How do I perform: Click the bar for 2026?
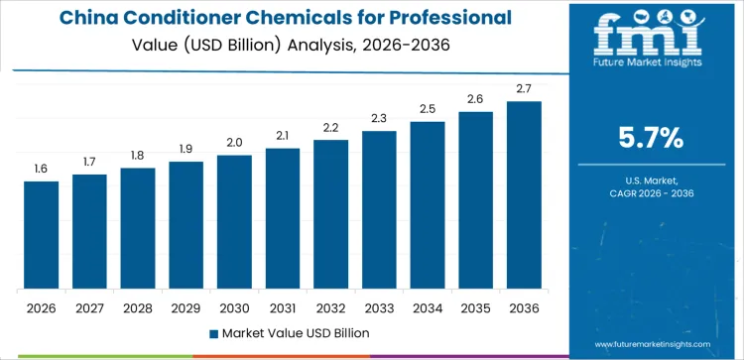[41, 235]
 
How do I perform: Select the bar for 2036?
[524, 195]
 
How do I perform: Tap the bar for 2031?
[283, 218]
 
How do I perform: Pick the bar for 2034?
[428, 205]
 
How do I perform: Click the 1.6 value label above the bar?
[41, 170]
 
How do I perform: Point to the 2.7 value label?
[524, 89]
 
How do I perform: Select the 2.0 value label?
[234, 143]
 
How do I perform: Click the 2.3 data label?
[379, 119]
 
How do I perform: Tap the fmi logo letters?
[650, 38]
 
